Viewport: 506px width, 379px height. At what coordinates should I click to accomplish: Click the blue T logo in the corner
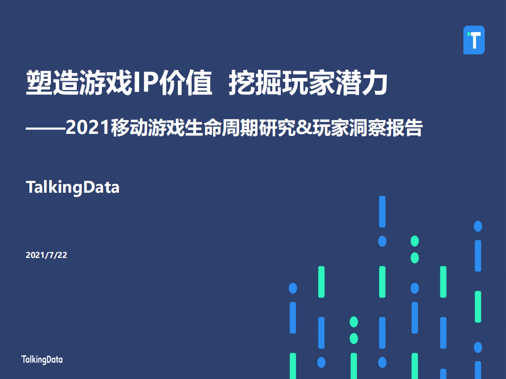pos(474,40)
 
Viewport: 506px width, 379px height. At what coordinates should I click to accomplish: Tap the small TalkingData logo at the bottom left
pos(42,360)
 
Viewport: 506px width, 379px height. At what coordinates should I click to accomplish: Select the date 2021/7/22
pos(46,255)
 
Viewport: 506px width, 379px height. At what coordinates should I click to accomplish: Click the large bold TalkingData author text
pos(72,188)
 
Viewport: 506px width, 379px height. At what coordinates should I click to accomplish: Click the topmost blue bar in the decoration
pos(382,211)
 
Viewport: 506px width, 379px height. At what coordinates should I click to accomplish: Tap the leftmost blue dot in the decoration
pos(293,288)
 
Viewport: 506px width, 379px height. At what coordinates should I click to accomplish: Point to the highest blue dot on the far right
pos(478,226)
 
